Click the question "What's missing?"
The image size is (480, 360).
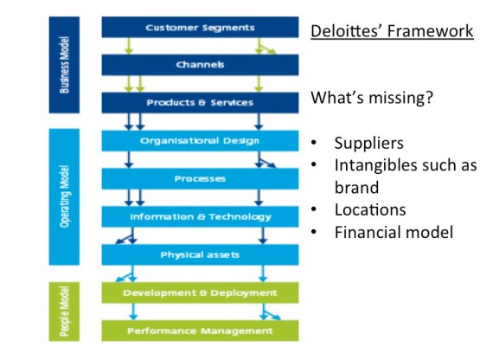coord(373,98)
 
